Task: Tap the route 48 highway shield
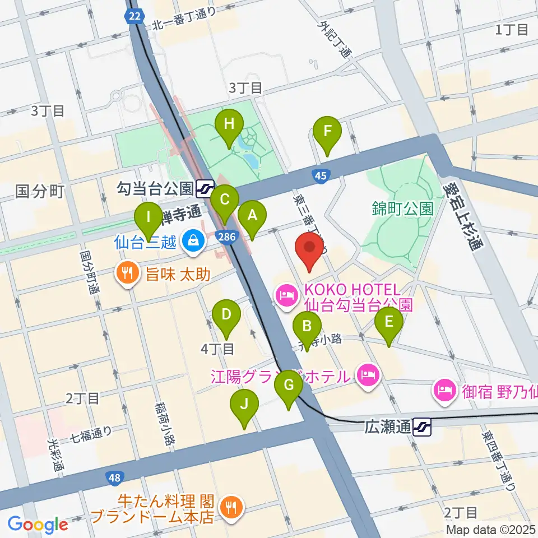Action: [114, 477]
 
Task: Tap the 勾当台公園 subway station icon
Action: [206, 187]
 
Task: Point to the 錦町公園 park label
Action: [402, 209]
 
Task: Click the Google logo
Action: [38, 524]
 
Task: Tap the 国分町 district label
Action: [40, 192]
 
